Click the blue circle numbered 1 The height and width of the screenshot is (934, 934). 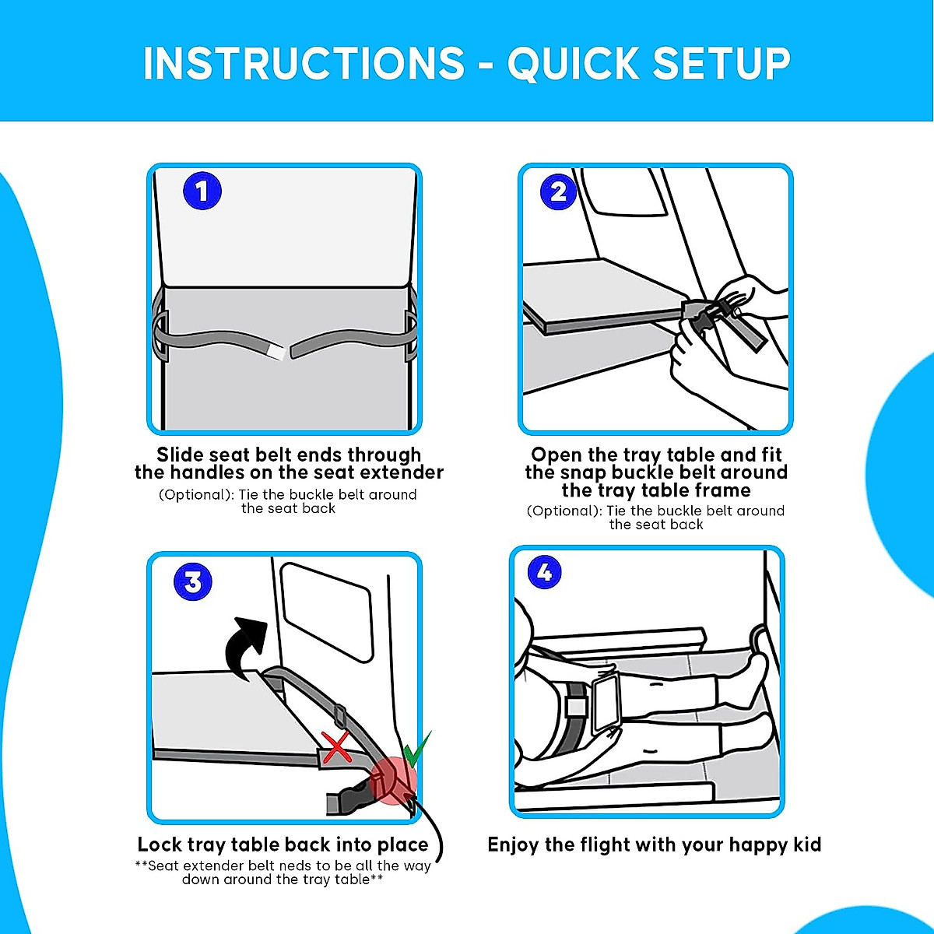click(202, 191)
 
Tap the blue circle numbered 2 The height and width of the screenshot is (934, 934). click(558, 191)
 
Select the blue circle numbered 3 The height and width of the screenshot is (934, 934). click(193, 581)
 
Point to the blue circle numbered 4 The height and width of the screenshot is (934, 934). click(545, 572)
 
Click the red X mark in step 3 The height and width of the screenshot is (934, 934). click(336, 747)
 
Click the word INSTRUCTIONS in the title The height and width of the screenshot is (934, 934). click(304, 64)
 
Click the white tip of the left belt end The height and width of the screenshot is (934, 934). click(276, 350)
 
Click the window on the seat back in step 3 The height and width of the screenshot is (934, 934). click(326, 613)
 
